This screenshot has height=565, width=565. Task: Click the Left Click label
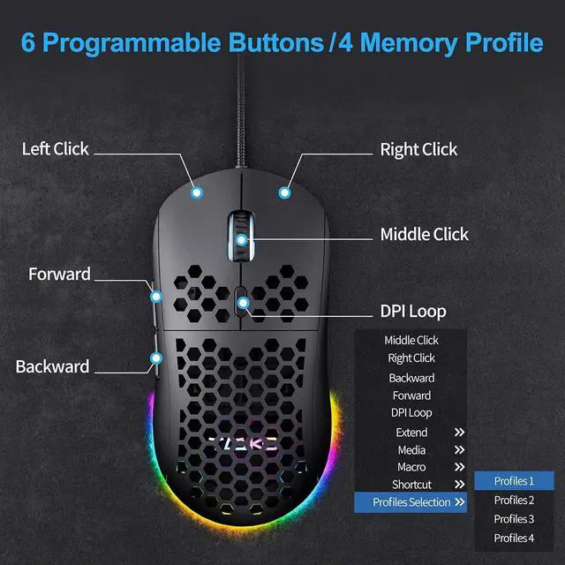click(55, 149)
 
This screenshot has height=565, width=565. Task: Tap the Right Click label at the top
click(418, 150)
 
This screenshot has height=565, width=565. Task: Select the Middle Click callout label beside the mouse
click(424, 235)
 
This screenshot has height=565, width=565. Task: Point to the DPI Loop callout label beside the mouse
click(413, 311)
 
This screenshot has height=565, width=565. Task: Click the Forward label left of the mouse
click(59, 275)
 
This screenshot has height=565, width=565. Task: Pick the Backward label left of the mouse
click(52, 366)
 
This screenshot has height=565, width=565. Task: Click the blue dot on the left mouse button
click(197, 191)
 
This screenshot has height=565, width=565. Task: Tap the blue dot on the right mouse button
click(284, 191)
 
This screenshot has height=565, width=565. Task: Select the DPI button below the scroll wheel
click(241, 303)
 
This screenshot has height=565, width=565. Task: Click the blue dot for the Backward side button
click(156, 358)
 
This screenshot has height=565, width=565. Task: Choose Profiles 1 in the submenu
click(514, 481)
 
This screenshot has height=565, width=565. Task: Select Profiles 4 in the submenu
click(514, 539)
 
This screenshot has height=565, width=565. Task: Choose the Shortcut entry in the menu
click(411, 485)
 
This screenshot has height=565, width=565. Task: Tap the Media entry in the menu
click(411, 450)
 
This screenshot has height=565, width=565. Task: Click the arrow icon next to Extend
click(459, 433)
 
